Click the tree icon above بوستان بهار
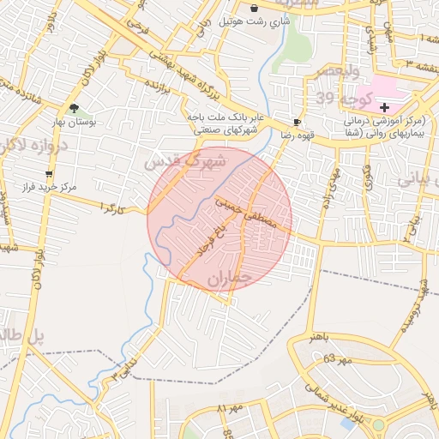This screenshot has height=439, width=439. [x=75, y=109]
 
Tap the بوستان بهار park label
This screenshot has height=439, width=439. [x=94, y=123]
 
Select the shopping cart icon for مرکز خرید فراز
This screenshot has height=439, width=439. [x=48, y=173]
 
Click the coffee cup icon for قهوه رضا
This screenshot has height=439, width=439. [x=297, y=123]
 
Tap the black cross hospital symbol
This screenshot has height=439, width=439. [x=384, y=108]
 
